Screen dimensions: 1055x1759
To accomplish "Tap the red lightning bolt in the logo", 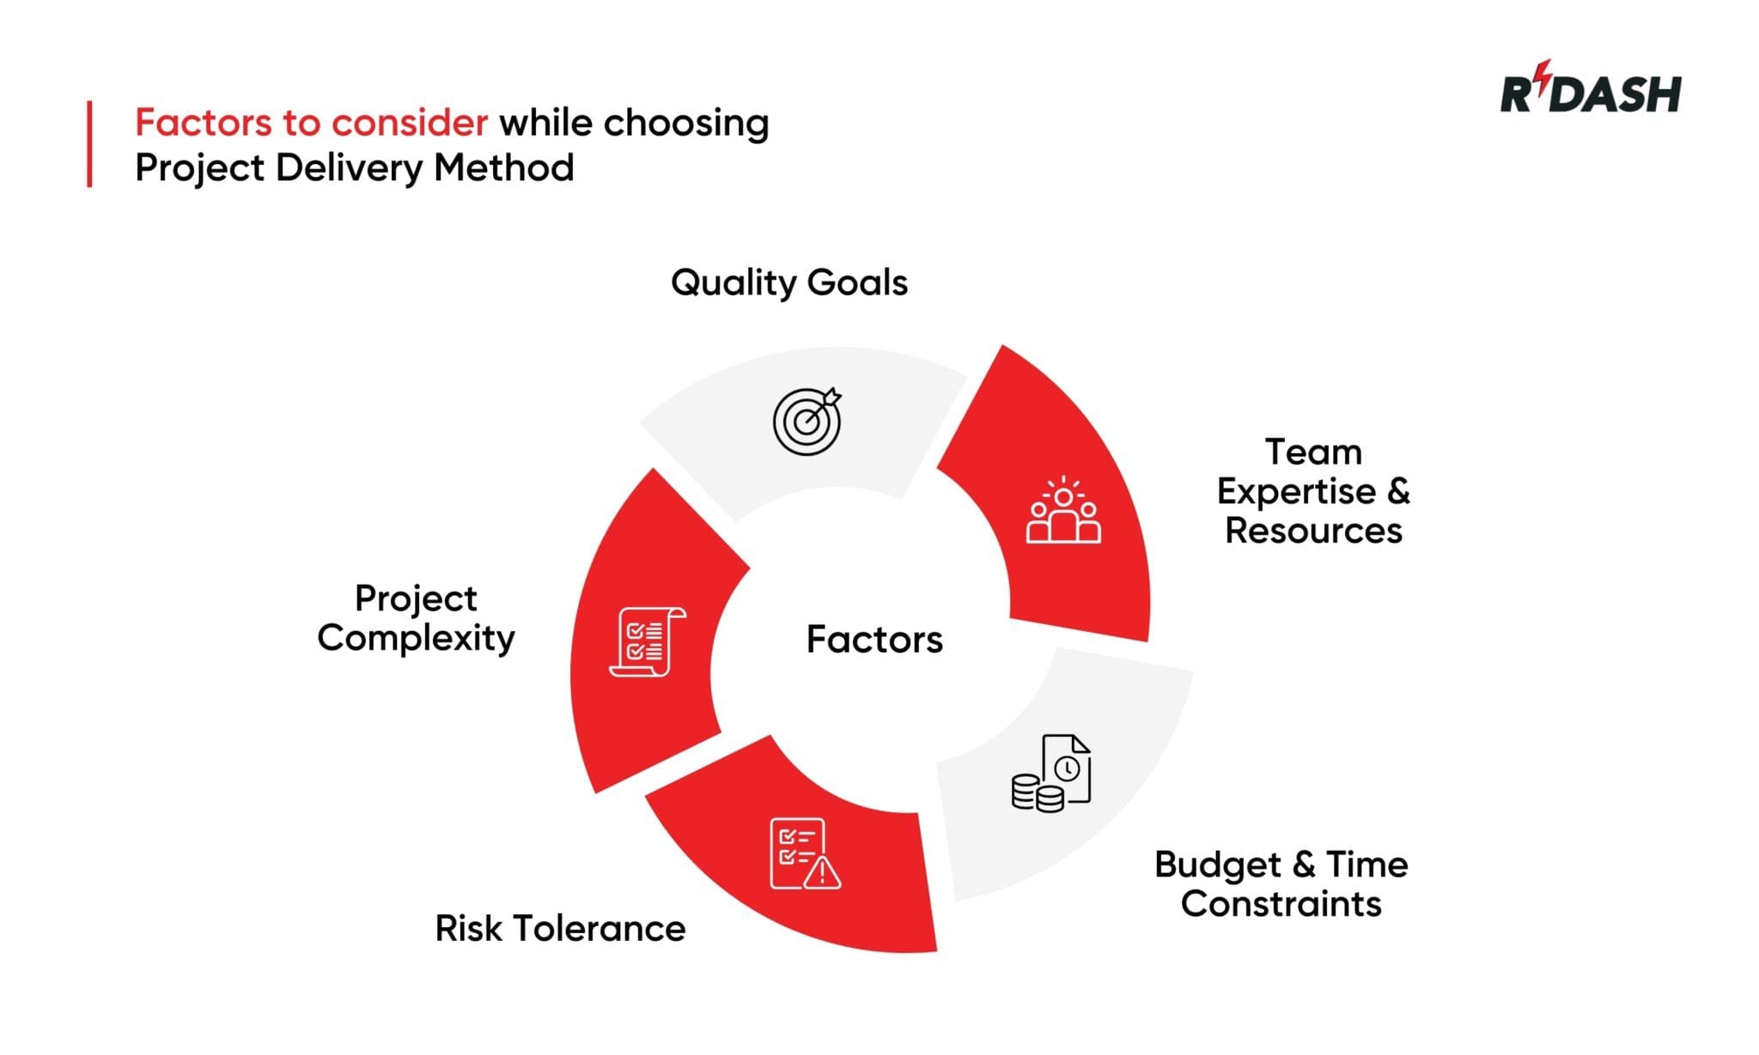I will [1544, 76].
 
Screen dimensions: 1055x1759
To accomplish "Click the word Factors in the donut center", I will [874, 640].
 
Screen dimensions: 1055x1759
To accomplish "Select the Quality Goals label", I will [788, 282].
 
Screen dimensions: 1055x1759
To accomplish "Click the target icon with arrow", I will [806, 421].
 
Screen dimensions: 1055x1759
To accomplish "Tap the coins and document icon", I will [1051, 773].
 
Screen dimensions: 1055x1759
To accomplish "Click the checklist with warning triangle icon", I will [804, 854].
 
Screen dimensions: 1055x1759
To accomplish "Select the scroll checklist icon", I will [647, 642].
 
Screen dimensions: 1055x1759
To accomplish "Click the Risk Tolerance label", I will [560, 929].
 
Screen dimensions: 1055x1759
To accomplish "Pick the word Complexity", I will [416, 639].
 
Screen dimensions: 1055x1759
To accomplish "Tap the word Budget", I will [1217, 865].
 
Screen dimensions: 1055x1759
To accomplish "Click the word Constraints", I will [1281, 904].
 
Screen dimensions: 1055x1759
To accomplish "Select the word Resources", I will [1313, 531].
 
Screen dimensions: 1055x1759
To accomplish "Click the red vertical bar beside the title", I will [89, 144].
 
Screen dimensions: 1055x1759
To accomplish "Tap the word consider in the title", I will [410, 123].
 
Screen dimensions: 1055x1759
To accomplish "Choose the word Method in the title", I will [503, 167].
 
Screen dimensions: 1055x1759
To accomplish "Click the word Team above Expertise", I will [1313, 452].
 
